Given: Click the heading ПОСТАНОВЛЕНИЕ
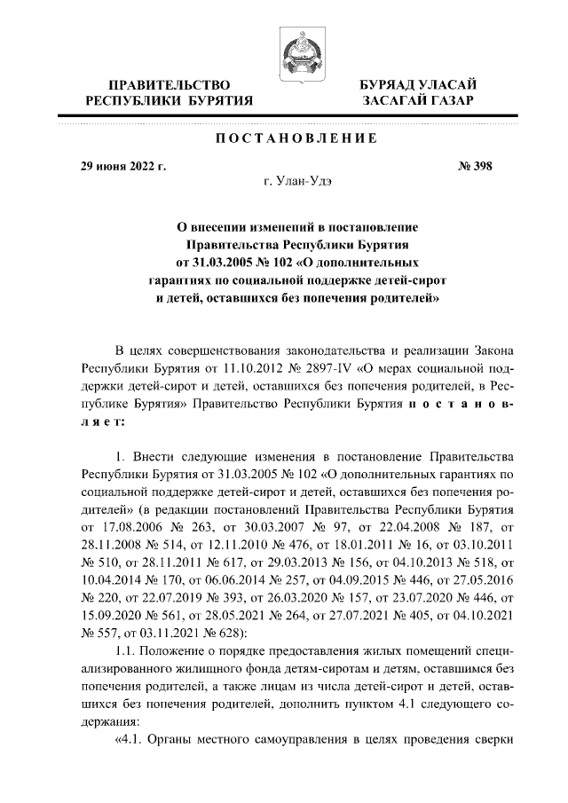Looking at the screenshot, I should [x=296, y=138].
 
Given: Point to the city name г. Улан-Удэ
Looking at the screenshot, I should [x=296, y=181].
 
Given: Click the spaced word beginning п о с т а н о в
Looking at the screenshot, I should [x=461, y=405].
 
